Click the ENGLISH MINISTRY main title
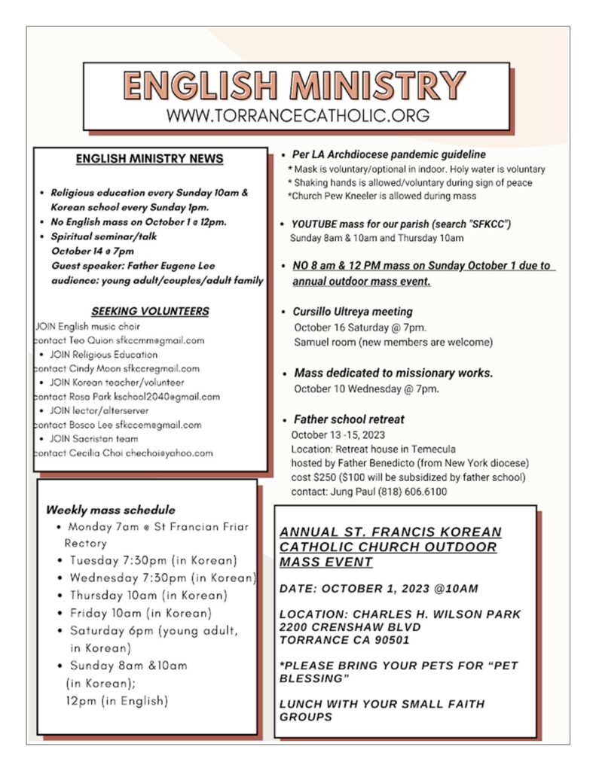pyautogui.click(x=294, y=86)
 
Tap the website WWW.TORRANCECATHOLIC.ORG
pyautogui.click(x=298, y=116)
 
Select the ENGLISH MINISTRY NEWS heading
pyautogui.click(x=149, y=159)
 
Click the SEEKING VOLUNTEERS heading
pyautogui.click(x=150, y=311)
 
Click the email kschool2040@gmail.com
pyautogui.click(x=170, y=397)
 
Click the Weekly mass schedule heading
pyautogui.click(x=110, y=510)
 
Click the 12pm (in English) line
pyautogui.click(x=117, y=700)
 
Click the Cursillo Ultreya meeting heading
pyautogui.click(x=353, y=311)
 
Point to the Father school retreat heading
pyautogui.click(x=349, y=419)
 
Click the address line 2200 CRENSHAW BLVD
pyautogui.click(x=350, y=627)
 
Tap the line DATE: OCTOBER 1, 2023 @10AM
pyautogui.click(x=378, y=588)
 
